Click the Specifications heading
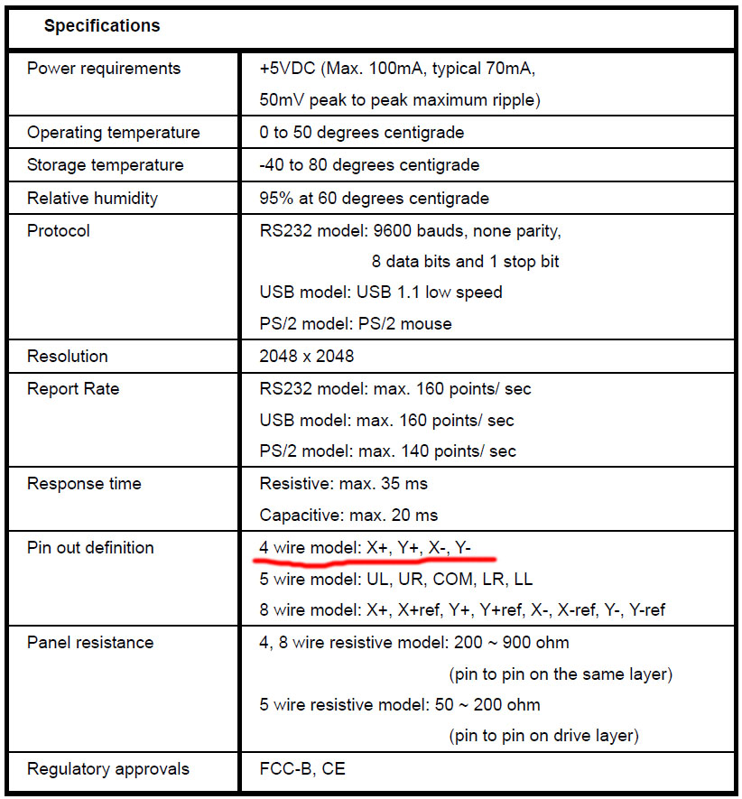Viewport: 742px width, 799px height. [x=102, y=26]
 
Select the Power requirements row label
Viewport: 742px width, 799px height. [x=104, y=69]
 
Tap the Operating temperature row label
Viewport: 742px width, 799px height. [x=114, y=133]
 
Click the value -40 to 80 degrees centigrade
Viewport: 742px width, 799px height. [x=369, y=165]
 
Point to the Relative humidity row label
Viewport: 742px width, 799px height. [x=92, y=198]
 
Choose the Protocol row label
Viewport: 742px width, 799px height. [x=59, y=230]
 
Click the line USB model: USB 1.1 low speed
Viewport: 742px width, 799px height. [x=380, y=293]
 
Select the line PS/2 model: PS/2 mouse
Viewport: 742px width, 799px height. [x=356, y=323]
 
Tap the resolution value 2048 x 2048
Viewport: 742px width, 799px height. [x=306, y=356]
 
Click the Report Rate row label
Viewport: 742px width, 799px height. [x=73, y=388]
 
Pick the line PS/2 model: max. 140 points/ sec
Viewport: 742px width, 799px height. [x=387, y=451]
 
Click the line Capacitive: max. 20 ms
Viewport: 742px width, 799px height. [x=348, y=516]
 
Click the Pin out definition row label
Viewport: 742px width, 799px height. [x=90, y=547]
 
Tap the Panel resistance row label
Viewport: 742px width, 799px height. [x=90, y=642]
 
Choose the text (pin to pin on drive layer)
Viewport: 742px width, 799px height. [x=543, y=736]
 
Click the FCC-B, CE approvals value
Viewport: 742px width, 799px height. [x=302, y=769]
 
